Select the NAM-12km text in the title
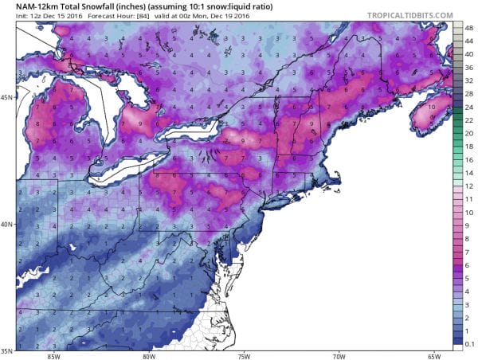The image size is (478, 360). point(30,7)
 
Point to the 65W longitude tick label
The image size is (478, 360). point(434,355)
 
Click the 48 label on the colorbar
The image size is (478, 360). point(468,28)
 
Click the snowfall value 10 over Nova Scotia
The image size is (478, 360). point(431,106)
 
